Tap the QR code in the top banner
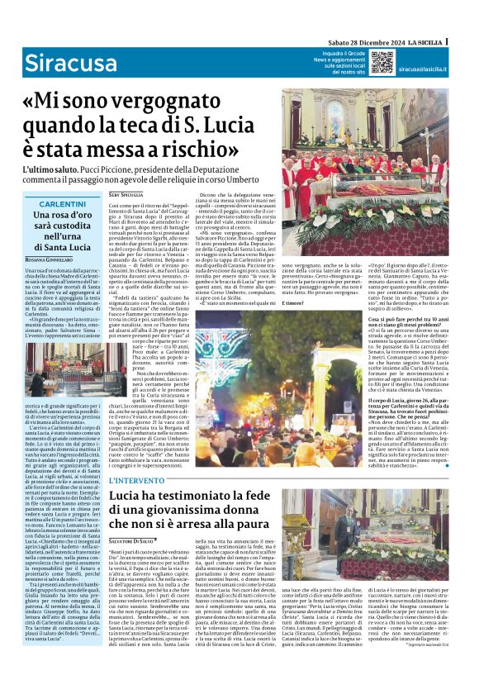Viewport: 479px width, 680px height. pyautogui.click(x=381, y=62)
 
